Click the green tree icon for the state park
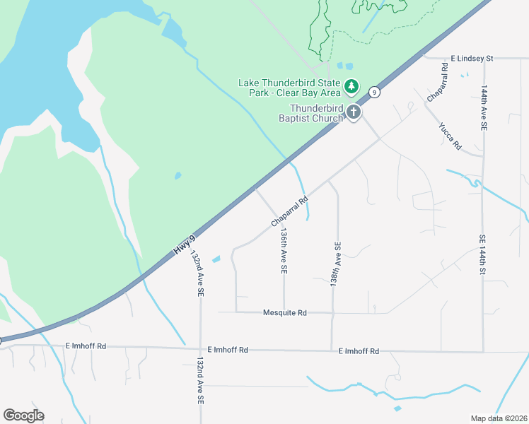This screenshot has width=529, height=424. coord(351,87)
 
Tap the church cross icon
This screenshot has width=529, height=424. coord(352,112)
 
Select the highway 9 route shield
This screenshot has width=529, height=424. coord(374,92)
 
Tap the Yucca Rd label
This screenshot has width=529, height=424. coord(450,136)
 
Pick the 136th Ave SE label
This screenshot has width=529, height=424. coord(284,250)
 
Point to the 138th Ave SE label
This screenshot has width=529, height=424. coord(337,264)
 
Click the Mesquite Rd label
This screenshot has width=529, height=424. coord(284,312)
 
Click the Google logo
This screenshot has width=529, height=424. coord(23,415)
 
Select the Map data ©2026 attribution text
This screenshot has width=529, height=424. coord(499,418)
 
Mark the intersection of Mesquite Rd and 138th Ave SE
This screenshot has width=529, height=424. coord(332,312)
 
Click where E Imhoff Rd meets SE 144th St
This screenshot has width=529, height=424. coord(484,352)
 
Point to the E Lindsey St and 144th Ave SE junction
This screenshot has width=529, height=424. coord(483,59)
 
